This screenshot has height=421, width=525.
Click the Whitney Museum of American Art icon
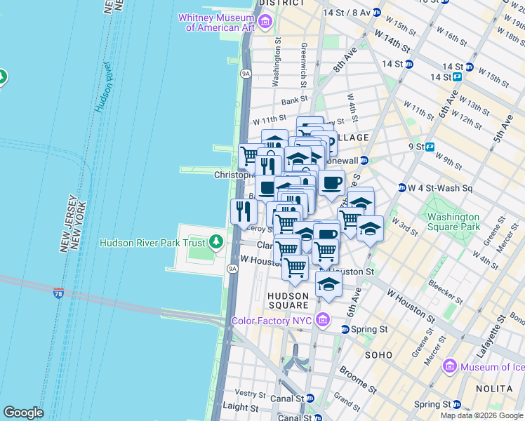coord(265,22)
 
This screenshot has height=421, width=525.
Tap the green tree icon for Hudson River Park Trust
coord(216,243)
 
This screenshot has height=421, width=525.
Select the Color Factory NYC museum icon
coord(322,321)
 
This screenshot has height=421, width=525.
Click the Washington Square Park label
coord(453,222)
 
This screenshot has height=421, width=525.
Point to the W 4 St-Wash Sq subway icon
coord(402,187)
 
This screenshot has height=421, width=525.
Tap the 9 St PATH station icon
coord(430,147)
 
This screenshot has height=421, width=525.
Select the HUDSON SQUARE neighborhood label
coord(288,301)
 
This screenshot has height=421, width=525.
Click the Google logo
coord(23,413)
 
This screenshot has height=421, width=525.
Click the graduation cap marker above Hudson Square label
coord(328,283)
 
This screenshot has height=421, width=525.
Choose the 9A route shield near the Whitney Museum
coord(245,73)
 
